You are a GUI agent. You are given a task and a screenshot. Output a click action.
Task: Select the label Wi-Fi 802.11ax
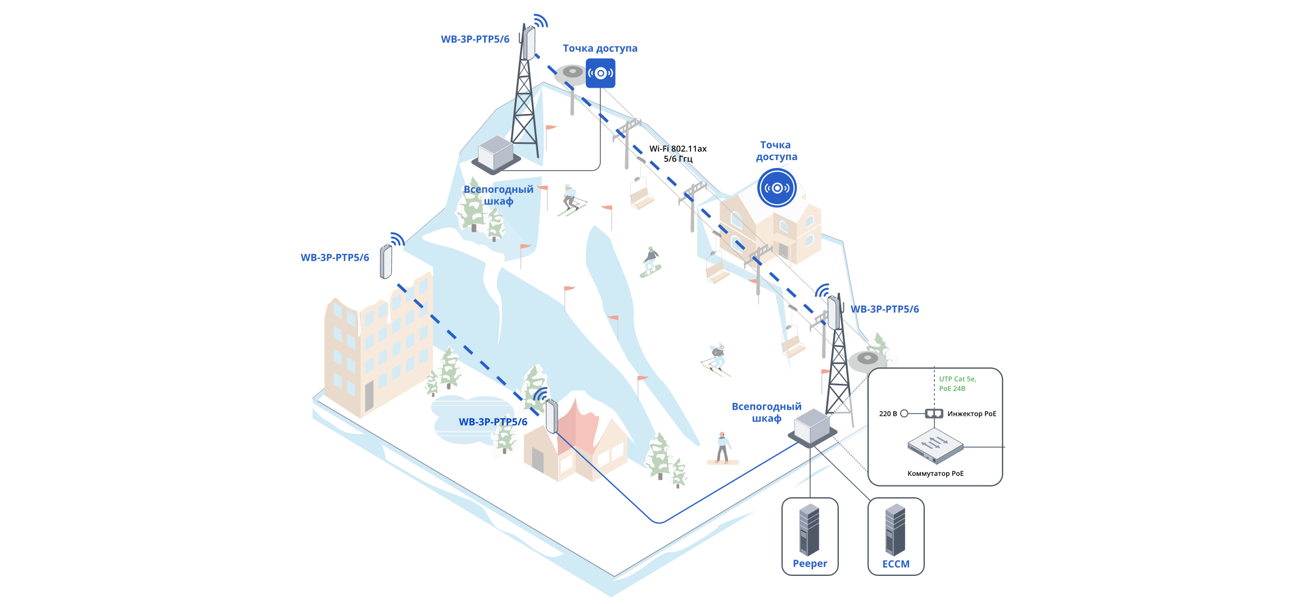[677, 149]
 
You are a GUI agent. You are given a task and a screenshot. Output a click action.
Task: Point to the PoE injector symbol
[934, 414]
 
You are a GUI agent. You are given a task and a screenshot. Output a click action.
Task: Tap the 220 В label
[888, 414]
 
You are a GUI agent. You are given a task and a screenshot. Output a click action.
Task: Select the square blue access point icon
[600, 73]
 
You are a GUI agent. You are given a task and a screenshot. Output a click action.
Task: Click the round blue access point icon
[777, 188]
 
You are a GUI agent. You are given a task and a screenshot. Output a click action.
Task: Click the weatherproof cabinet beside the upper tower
[496, 153]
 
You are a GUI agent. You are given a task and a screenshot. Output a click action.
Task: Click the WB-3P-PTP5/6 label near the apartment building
[335, 258]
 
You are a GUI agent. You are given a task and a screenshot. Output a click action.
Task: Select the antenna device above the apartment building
[386, 261]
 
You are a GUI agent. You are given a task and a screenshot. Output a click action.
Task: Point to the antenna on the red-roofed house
[552, 416]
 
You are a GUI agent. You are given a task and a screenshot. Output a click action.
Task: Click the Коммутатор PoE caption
[935, 474]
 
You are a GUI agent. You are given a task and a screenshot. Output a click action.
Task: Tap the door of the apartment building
[369, 396]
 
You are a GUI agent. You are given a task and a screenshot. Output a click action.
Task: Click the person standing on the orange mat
[722, 447]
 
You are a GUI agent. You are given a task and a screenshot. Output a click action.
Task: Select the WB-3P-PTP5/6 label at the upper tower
[475, 39]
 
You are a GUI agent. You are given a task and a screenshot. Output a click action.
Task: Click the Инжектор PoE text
[971, 414]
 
